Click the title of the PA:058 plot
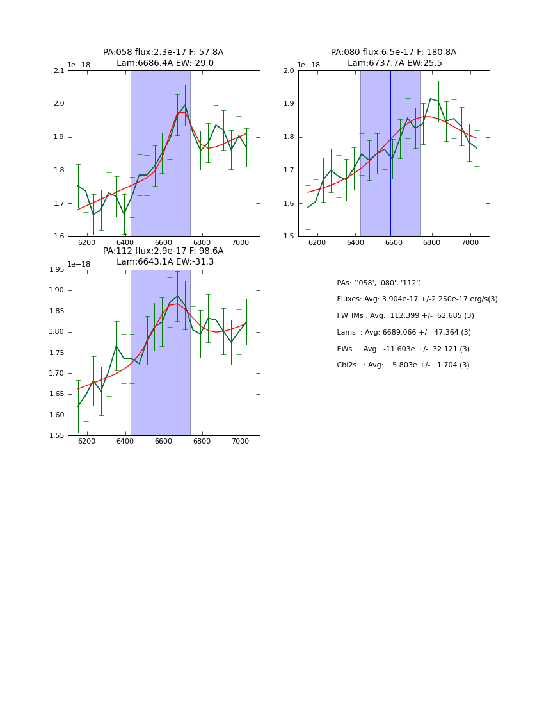coord(163,58)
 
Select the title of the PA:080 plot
coord(394,58)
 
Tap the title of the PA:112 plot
coord(163,256)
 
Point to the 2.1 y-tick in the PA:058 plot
coord(59,70)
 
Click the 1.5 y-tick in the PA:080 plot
coord(289,236)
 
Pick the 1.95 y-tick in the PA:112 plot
coord(57,270)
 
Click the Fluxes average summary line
coord(417,299)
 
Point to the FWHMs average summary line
coord(405,316)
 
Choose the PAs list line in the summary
coord(379,283)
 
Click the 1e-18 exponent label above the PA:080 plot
coord(308,65)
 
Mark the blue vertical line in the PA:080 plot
coord(390,154)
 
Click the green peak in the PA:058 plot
coord(185,105)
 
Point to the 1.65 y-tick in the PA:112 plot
coord(57,415)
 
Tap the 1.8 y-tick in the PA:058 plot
coord(59,170)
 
